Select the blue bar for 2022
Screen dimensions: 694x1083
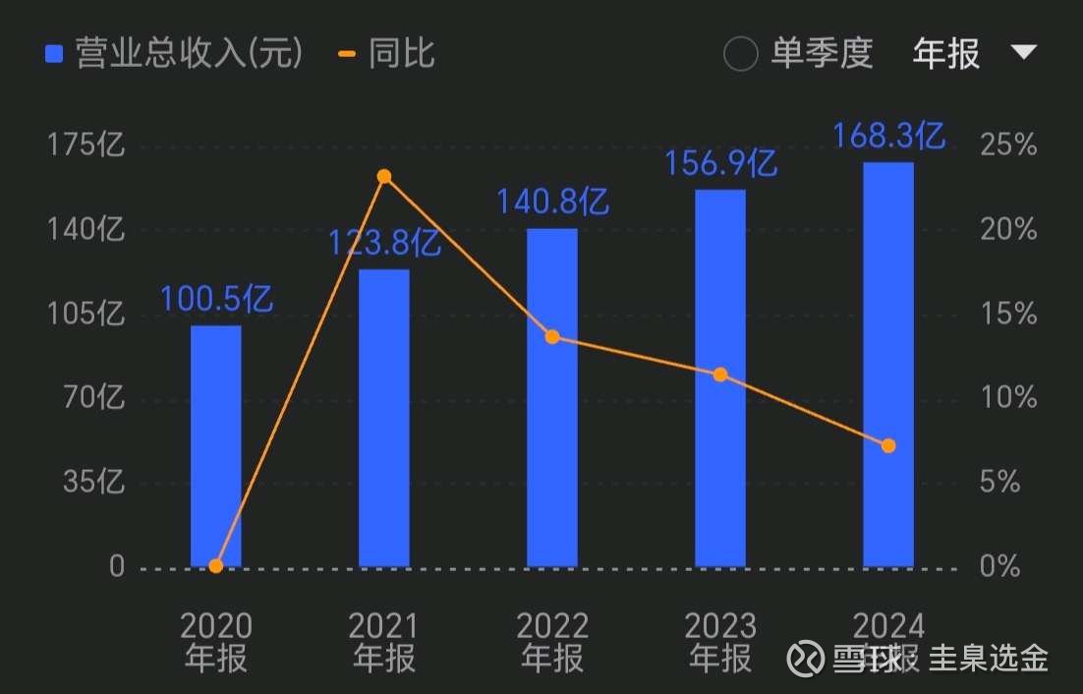[551, 397]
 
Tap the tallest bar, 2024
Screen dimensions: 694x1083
[888, 364]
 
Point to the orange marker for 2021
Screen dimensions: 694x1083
[384, 177]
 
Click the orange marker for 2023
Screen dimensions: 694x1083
[720, 375]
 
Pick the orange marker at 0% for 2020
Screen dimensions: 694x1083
[216, 565]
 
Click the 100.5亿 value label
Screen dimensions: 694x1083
[216, 298]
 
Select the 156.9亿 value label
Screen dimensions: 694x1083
[720, 163]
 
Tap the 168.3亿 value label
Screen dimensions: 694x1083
[888, 136]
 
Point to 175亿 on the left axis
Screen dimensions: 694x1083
[86, 146]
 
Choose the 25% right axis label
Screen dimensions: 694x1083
[1008, 146]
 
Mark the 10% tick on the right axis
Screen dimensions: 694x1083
[1008, 398]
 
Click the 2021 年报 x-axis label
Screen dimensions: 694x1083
[384, 642]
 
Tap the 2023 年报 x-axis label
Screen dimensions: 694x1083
[720, 642]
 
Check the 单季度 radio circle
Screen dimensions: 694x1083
[740, 54]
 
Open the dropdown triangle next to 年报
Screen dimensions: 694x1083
[1024, 52]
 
